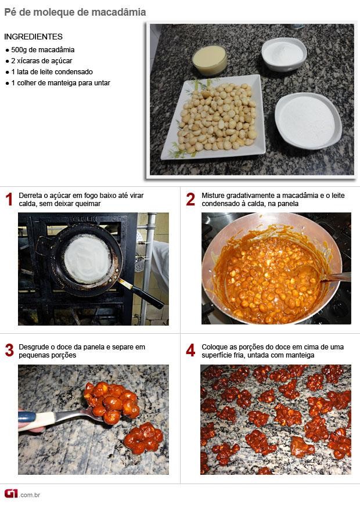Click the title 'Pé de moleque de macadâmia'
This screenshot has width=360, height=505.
tap(75, 12)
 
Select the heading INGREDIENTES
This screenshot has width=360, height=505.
tap(33, 37)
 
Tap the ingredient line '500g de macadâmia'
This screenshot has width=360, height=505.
tap(43, 50)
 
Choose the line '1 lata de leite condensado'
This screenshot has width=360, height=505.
tap(52, 72)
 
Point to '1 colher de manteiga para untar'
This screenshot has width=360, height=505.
tap(60, 83)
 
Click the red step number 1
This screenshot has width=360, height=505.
tap(9, 199)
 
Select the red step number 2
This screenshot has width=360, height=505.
tap(190, 199)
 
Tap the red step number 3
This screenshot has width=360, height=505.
tap(9, 351)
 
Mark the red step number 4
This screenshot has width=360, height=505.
tap(190, 351)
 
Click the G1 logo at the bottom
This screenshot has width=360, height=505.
tap(11, 493)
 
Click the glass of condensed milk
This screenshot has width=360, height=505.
tap(210, 60)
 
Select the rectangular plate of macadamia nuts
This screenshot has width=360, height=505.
tap(213, 117)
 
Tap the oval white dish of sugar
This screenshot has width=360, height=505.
tap(308, 121)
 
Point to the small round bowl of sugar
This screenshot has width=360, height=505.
tap(284, 54)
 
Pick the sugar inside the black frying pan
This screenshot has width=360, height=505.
tap(88, 259)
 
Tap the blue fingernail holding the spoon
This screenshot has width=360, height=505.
tap(27, 417)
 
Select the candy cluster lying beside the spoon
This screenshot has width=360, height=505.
tap(144, 438)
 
